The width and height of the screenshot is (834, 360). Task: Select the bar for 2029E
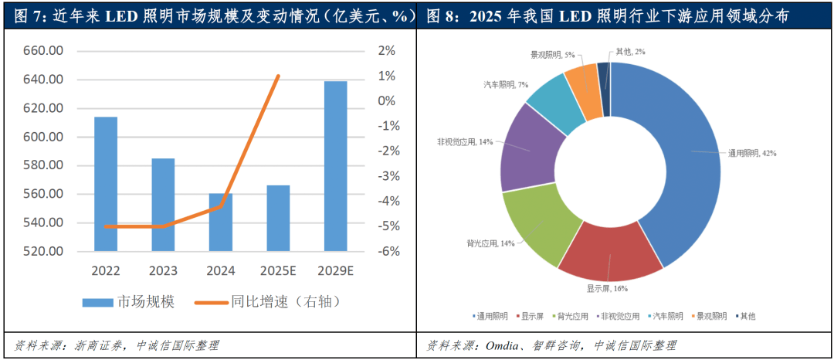[335, 166]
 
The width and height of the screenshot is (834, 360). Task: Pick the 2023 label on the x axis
[163, 271]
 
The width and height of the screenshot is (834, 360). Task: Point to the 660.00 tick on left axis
[44, 51]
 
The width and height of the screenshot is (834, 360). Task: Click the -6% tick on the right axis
[387, 251]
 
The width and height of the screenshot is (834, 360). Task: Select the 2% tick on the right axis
[387, 51]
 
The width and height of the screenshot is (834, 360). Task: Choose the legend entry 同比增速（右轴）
[270, 301]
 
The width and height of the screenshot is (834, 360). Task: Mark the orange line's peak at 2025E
[278, 76]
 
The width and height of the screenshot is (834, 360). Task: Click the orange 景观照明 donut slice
[583, 91]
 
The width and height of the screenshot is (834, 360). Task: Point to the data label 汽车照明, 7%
[506, 84]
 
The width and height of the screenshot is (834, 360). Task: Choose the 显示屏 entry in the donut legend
[532, 316]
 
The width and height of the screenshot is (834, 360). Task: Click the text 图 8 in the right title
[440, 15]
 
